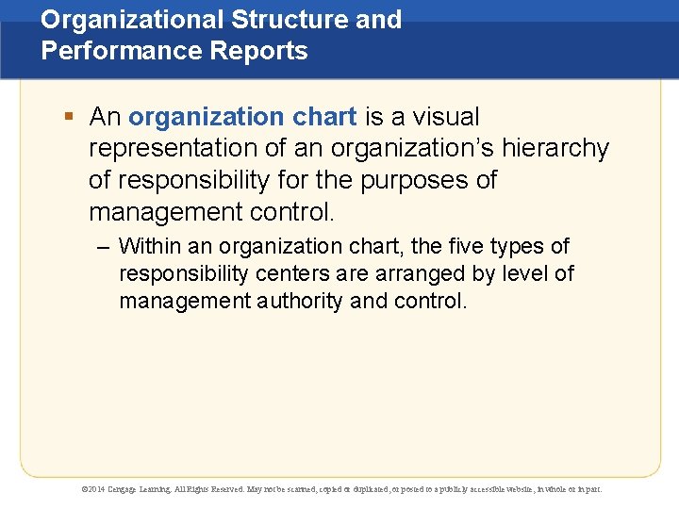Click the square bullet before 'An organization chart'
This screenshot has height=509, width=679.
click(69, 118)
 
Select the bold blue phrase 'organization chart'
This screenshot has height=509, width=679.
click(242, 117)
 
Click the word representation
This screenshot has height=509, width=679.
click(175, 149)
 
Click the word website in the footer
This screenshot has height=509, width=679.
click(510, 489)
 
